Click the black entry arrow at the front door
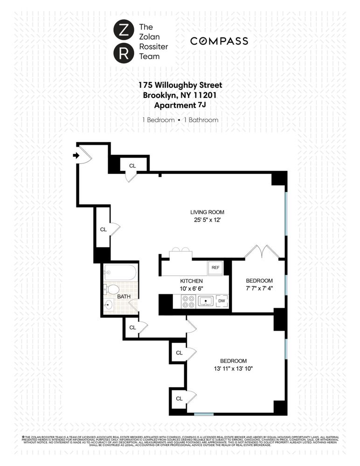pos(76,156)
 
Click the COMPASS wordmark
pos(219,41)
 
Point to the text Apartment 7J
pos(180,105)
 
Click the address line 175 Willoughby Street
pos(180,85)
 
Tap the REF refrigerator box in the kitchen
pos(215,268)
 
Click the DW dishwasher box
pos(222,301)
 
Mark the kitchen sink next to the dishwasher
pos(205,301)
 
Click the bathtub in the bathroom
pos(120,271)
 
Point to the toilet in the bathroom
pos(112,289)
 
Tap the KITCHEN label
pos(191,281)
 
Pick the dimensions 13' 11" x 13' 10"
pos(233,369)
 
